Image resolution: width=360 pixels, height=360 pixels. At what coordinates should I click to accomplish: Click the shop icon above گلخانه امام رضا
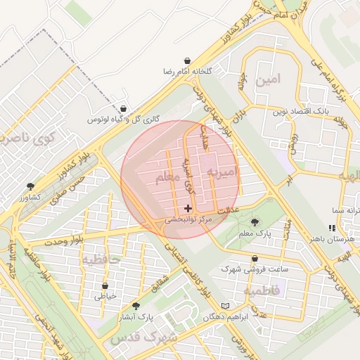(x=188, y=61)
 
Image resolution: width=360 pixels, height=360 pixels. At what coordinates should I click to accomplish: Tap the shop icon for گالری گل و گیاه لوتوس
(x=124, y=108)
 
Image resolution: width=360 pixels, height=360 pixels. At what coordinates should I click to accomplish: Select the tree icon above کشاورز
(x=31, y=186)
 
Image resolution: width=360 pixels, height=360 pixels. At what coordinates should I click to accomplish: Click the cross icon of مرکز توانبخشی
(x=188, y=208)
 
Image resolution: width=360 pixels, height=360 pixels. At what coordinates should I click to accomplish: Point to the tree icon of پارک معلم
(x=254, y=222)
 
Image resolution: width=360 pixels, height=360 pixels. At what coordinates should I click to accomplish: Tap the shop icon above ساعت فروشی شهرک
(x=254, y=258)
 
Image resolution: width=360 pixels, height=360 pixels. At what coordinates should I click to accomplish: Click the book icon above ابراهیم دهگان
(x=225, y=305)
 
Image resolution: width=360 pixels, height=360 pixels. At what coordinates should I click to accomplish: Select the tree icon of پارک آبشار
(x=136, y=306)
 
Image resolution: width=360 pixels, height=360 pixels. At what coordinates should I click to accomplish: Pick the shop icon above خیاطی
(x=105, y=286)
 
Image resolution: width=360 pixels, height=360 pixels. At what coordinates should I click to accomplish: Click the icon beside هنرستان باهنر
(x=331, y=228)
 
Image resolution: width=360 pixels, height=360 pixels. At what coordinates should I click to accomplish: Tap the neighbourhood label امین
(x=268, y=79)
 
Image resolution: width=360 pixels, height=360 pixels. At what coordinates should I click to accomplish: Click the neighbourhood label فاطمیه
(x=262, y=290)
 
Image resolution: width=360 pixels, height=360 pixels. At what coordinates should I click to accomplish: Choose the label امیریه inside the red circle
(x=224, y=172)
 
